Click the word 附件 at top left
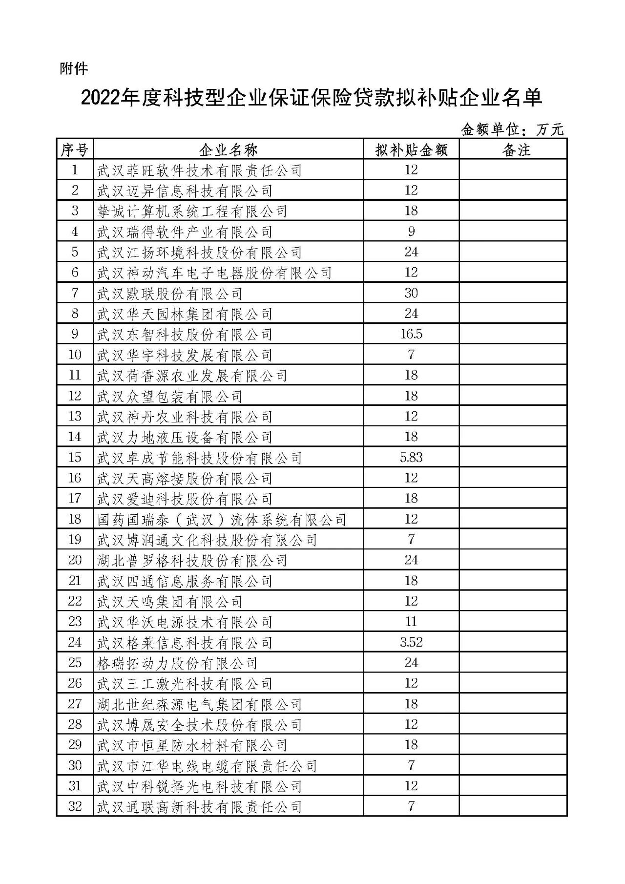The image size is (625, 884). tap(74, 69)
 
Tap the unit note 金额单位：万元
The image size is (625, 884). tap(512, 129)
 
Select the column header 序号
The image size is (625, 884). tap(75, 150)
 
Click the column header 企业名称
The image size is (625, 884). tap(229, 150)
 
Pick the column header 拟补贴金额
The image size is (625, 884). tap(411, 150)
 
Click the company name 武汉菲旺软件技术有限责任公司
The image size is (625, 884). tap(200, 170)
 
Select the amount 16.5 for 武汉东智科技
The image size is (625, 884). tap(411, 334)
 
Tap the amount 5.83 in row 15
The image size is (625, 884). tap(411, 458)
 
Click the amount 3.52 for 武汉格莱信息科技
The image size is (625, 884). tap(411, 642)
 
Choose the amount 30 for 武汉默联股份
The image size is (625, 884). tap(411, 293)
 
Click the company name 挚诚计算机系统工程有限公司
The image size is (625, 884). tap(192, 211)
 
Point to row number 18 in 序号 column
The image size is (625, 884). tap(75, 519)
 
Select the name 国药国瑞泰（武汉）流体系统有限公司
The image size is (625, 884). tap(222, 519)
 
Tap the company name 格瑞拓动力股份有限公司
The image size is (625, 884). tap(177, 663)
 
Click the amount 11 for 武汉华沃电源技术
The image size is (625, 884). tap(411, 622)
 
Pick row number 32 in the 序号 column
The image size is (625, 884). tap(75, 806)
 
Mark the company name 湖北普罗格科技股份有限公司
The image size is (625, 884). tap(192, 560)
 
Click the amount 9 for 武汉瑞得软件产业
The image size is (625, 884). tap(411, 232)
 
